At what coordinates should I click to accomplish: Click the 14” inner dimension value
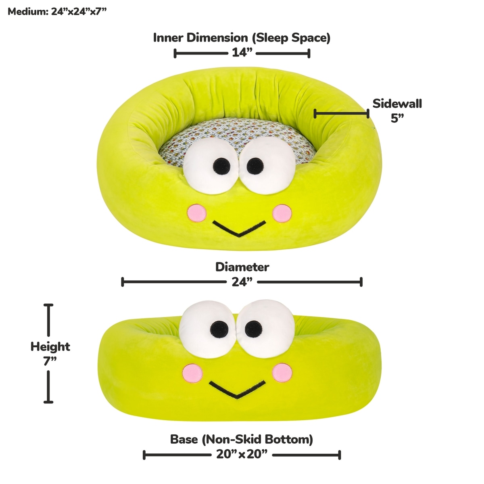[242, 53]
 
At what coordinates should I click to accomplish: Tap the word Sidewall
[397, 104]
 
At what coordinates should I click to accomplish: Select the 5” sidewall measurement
[397, 118]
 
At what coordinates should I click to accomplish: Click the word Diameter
[242, 267]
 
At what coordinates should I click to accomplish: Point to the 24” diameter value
[242, 282]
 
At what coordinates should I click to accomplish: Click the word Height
[50, 346]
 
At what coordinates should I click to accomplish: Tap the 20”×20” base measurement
[242, 455]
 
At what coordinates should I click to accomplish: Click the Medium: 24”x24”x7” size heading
[57, 11]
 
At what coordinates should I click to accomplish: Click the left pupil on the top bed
[221, 165]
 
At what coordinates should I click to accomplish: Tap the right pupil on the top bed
[255, 165]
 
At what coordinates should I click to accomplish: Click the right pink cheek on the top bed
[282, 213]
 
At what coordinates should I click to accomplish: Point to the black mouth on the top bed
[239, 229]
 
